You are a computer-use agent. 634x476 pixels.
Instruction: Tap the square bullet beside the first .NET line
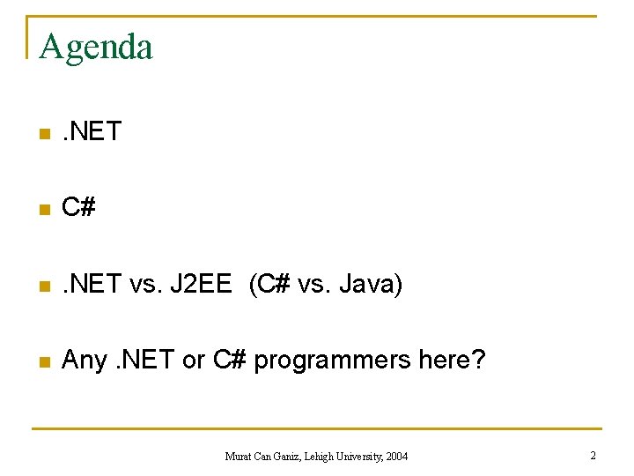(x=41, y=134)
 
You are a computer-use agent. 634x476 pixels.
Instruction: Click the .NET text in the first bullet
(x=91, y=132)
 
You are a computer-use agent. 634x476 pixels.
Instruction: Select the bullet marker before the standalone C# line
(x=41, y=210)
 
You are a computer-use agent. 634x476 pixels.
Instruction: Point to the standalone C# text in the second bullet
(x=78, y=208)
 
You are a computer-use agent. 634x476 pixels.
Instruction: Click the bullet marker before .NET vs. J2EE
(x=41, y=286)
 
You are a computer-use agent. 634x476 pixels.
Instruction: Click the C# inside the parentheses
(x=272, y=284)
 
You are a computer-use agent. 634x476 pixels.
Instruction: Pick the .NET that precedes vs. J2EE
(x=91, y=284)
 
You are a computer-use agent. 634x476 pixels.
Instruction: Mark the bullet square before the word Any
(x=41, y=361)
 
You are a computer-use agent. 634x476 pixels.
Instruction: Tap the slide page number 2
(x=593, y=455)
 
